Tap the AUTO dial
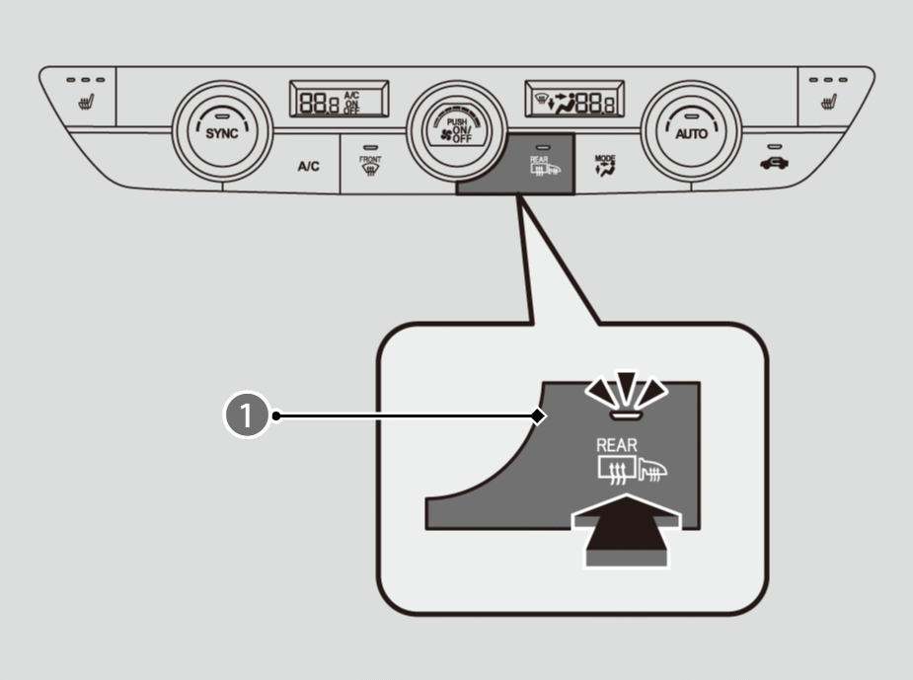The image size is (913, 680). [x=690, y=133]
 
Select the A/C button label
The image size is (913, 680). [x=309, y=167]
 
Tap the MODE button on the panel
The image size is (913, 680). [x=603, y=164]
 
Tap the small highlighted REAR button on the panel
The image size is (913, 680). [x=539, y=163]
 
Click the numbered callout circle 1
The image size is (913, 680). [x=248, y=416]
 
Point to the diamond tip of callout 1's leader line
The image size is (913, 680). [x=537, y=416]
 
